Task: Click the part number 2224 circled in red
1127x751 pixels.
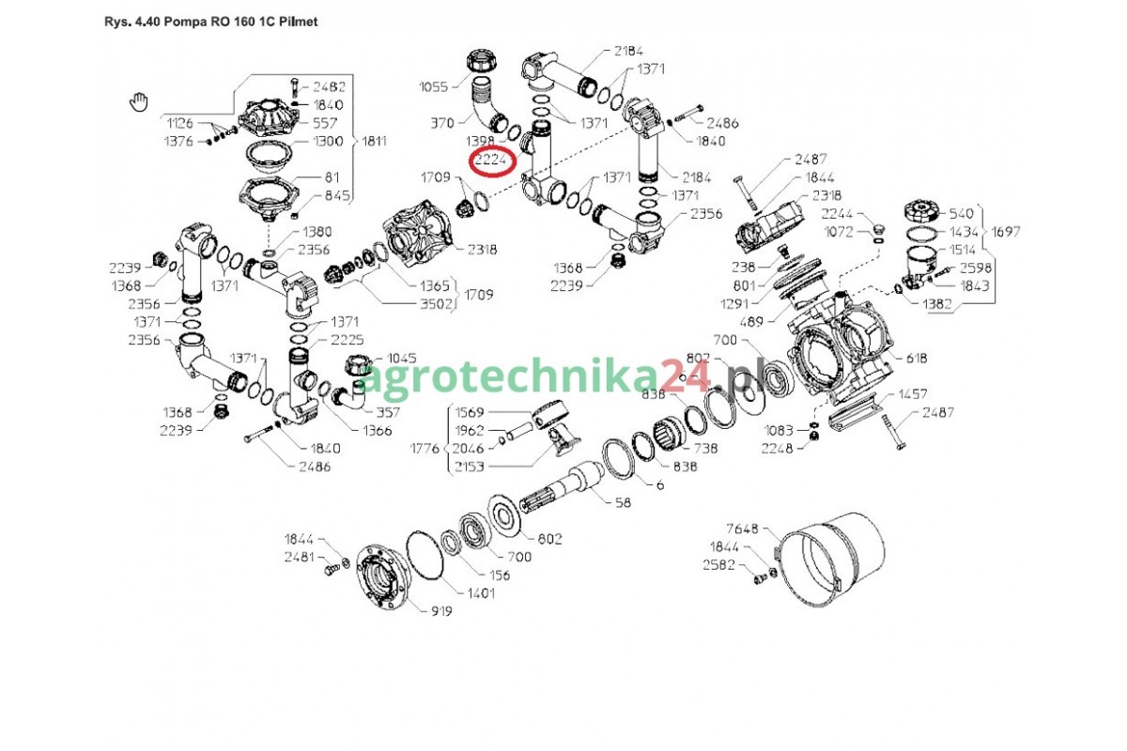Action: coord(490,161)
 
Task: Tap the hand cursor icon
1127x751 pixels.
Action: coord(139,102)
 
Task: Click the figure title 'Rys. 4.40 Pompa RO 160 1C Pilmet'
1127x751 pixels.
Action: coord(210,22)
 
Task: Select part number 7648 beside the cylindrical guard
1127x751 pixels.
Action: coord(742,529)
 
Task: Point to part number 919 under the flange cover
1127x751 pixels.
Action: coord(441,611)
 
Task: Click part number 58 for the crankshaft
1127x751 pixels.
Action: coord(623,502)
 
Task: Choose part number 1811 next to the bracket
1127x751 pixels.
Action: coord(375,141)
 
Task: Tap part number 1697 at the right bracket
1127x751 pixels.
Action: coord(1006,231)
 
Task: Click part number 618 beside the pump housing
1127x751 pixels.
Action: coord(917,358)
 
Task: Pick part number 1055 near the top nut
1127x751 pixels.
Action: coord(434,86)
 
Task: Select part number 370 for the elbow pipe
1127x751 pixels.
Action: coord(442,123)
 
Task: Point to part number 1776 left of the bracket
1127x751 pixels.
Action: coord(425,448)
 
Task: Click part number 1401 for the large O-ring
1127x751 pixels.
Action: coord(481,593)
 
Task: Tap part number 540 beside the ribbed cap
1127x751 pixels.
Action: coord(962,213)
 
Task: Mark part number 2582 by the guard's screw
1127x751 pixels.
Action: coord(718,564)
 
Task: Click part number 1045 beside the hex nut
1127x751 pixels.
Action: coord(402,358)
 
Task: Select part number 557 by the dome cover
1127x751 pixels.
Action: coord(325,123)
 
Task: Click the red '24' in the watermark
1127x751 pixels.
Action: coord(686,375)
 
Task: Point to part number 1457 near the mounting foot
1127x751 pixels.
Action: coord(912,394)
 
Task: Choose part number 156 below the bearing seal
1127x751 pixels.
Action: coord(499,575)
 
